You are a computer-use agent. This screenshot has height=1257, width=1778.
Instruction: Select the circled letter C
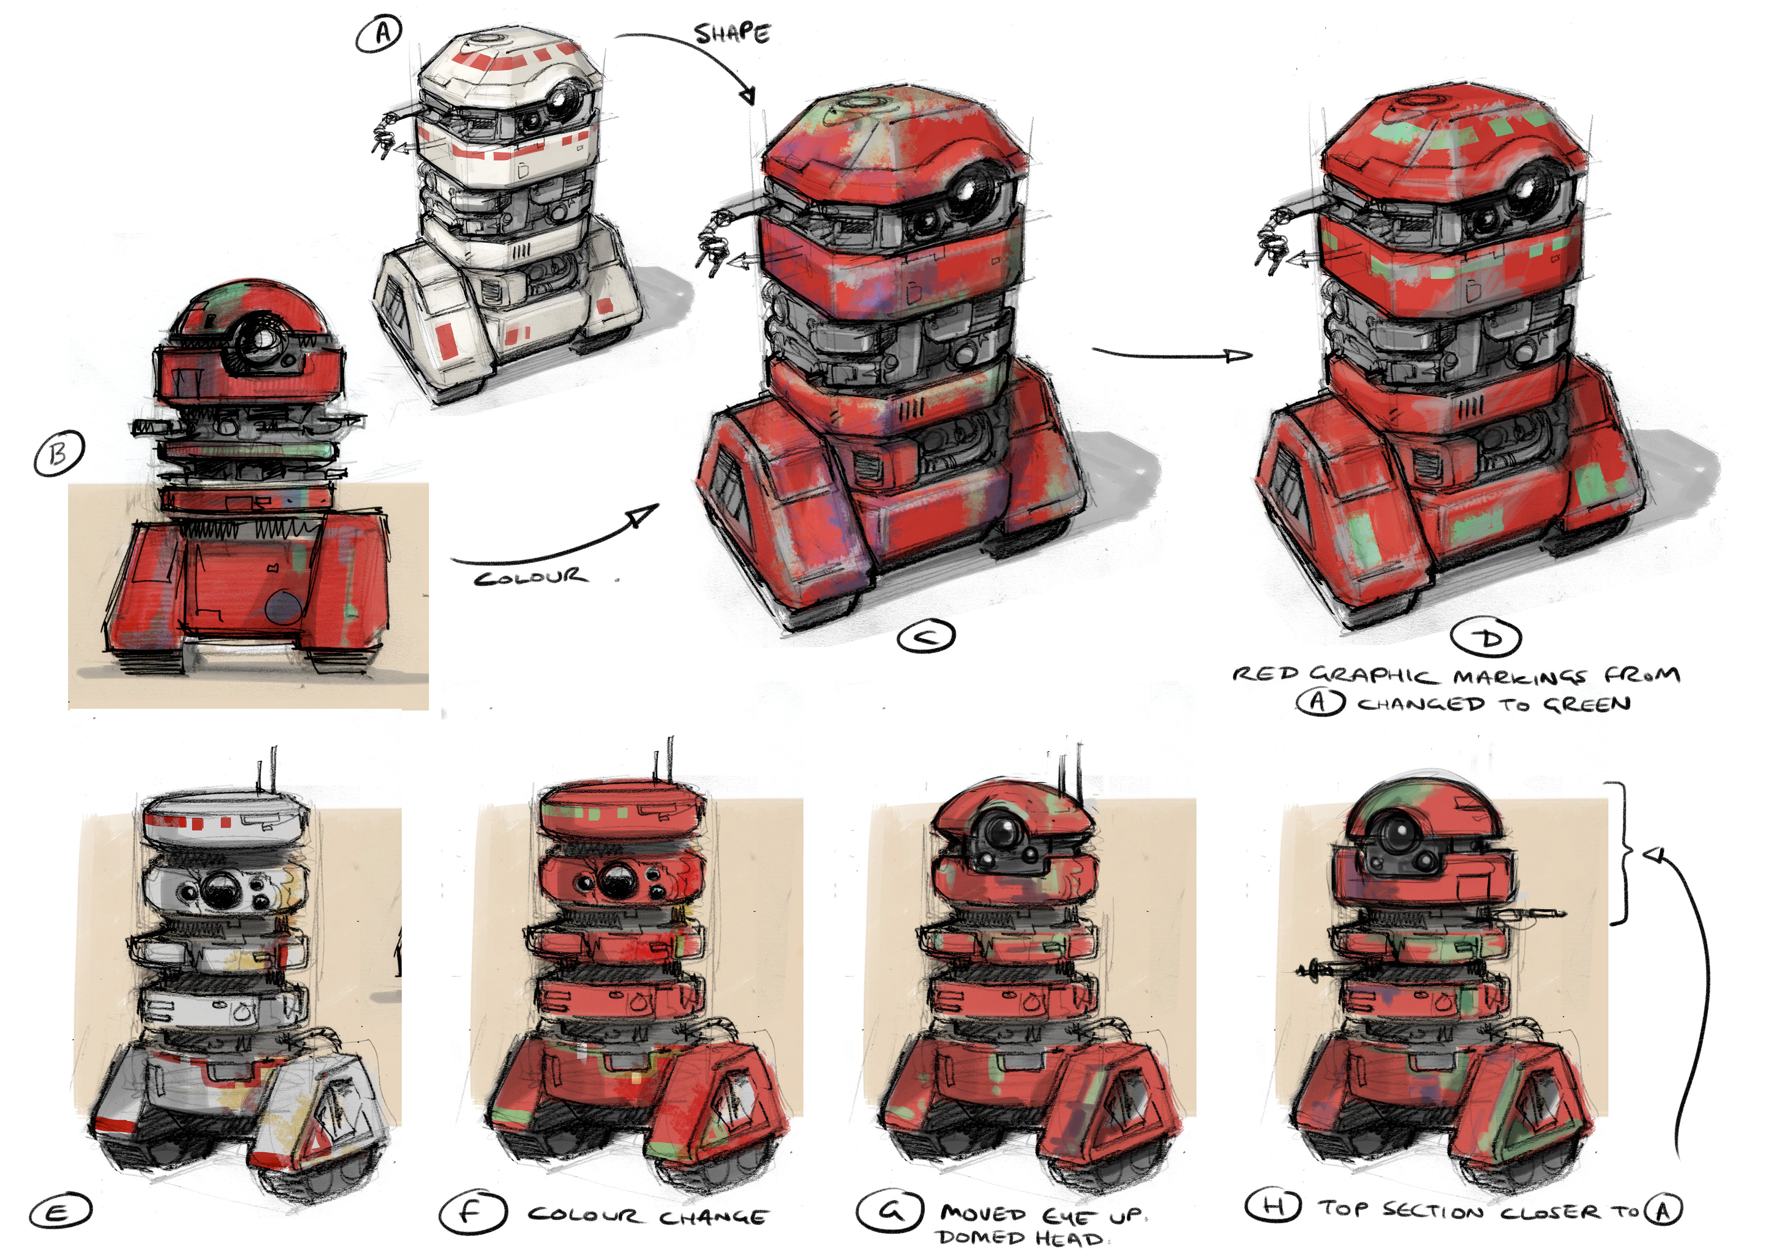coord(926,637)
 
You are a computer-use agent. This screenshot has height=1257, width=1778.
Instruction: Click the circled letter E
coord(60,1211)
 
